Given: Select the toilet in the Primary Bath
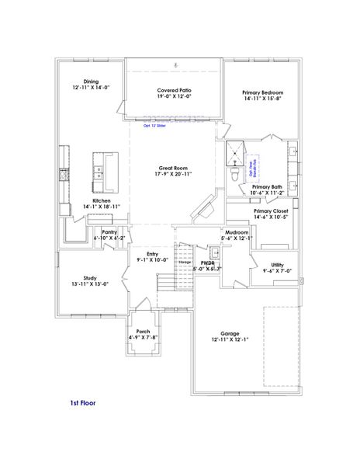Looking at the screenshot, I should click(x=234, y=176).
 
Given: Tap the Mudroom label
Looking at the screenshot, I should click(x=237, y=232).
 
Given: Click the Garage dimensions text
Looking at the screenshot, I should click(x=230, y=339).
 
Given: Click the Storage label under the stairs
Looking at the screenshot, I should click(x=185, y=263).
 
